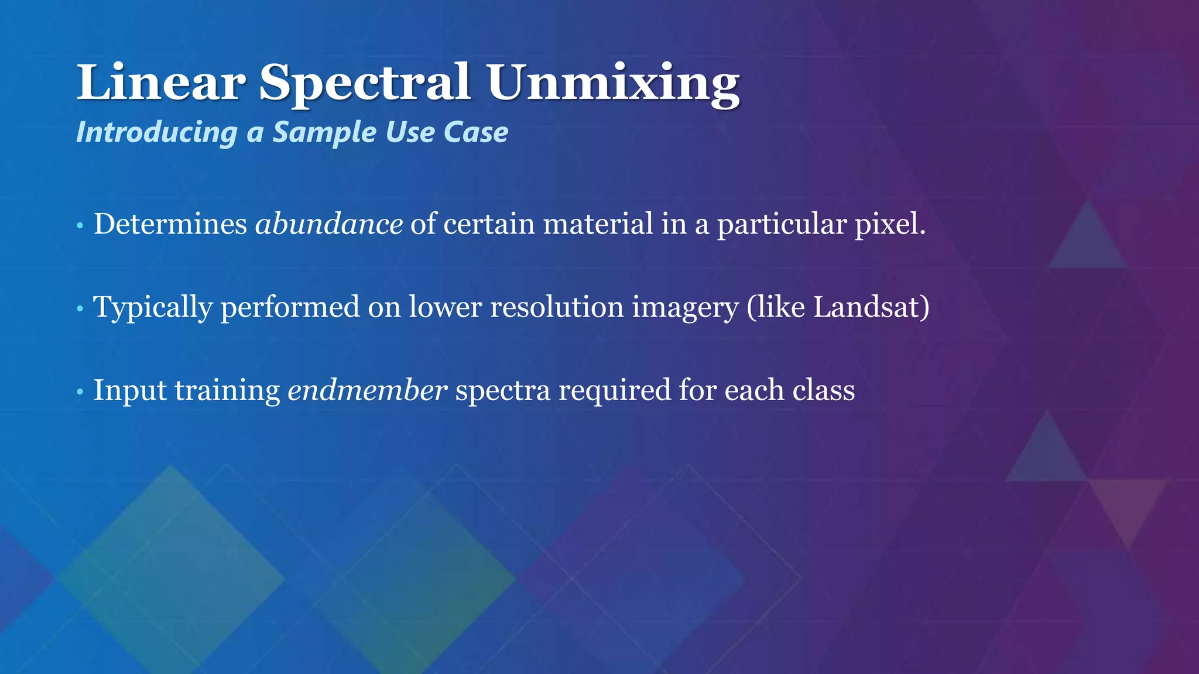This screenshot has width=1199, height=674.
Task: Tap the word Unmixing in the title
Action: coord(613,83)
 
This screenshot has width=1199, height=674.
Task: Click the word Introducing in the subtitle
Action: coord(156,132)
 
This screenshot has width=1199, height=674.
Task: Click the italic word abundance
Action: coord(329,224)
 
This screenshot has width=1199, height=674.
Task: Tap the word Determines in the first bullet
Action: coord(170,224)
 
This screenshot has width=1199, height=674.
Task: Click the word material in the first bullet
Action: coord(598,224)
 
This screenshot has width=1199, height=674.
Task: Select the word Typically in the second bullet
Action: coord(153,308)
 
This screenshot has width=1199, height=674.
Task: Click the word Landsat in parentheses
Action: coord(866,307)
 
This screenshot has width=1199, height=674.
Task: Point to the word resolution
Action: coord(557,307)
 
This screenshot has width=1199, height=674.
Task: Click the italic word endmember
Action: coord(368,390)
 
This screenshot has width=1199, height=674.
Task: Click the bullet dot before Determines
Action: coord(80,226)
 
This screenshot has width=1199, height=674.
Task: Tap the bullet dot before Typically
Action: coord(80,309)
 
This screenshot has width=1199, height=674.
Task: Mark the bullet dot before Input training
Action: coord(80,392)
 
